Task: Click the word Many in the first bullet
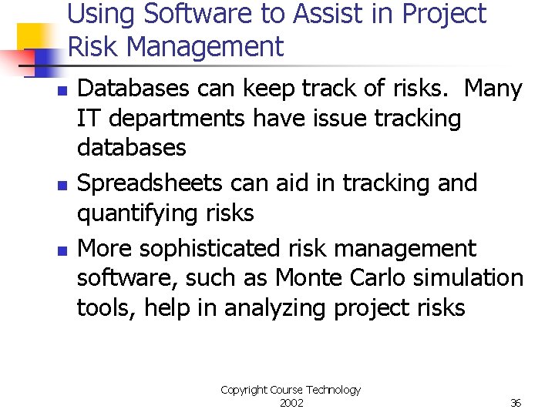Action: (x=493, y=89)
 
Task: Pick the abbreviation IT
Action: (x=88, y=119)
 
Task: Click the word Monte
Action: (x=308, y=277)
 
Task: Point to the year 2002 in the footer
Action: (x=291, y=403)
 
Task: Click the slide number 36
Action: (x=516, y=403)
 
